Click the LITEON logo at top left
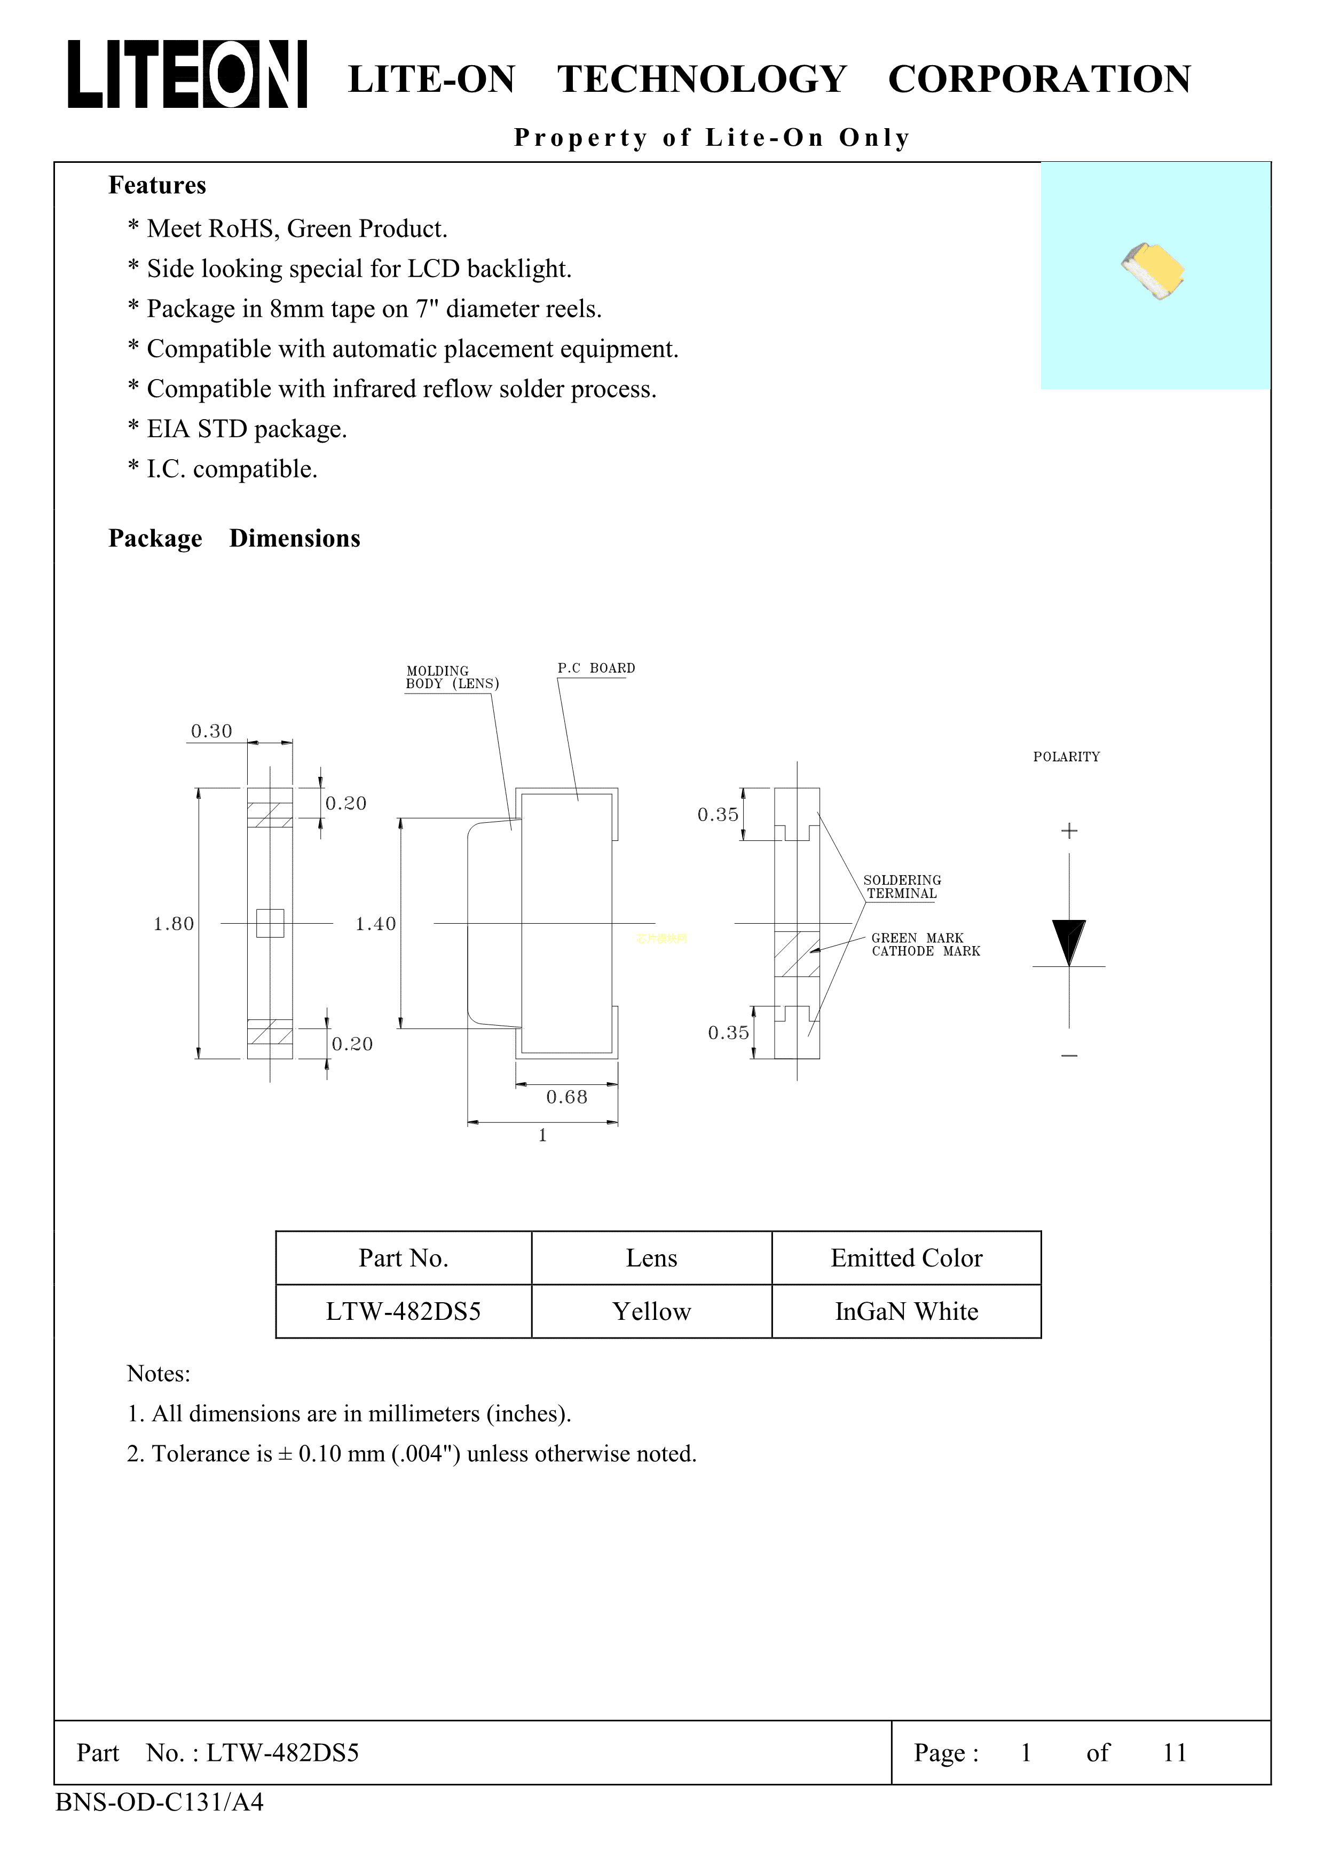point(187,74)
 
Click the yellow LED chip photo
point(1153,270)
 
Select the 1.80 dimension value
point(174,924)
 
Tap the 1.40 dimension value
point(375,924)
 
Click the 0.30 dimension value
point(211,731)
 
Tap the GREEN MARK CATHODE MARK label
point(925,945)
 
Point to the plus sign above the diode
point(1069,830)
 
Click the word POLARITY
point(1066,757)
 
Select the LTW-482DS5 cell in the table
point(403,1311)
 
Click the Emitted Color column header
point(907,1258)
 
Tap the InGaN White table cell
point(907,1311)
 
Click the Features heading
point(157,185)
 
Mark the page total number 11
point(1174,1752)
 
